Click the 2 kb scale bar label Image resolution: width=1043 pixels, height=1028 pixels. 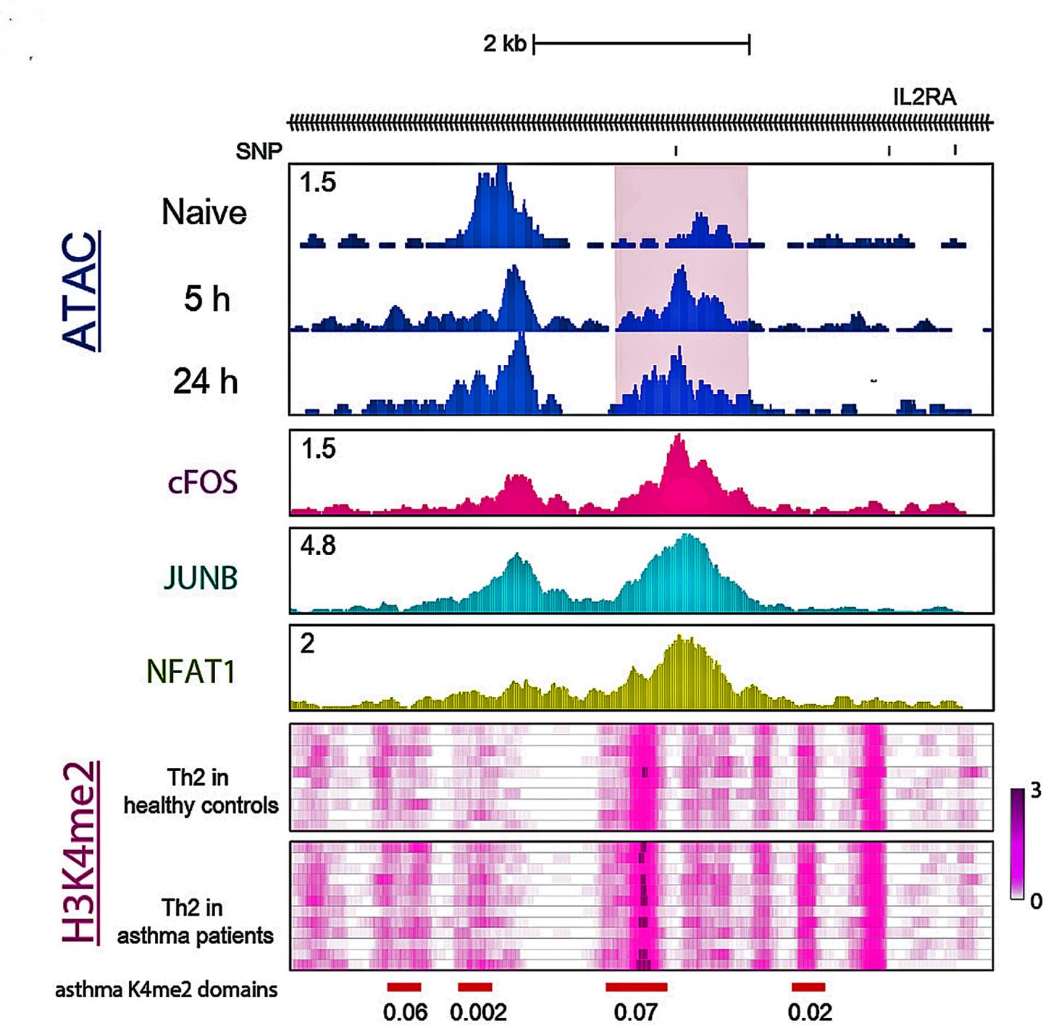505,43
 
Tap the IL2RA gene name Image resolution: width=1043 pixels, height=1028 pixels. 924,97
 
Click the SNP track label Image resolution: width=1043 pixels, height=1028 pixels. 259,151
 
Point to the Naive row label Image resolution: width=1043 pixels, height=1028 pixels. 204,212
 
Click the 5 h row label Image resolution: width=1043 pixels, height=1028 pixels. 206,298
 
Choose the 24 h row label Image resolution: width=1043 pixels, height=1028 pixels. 205,381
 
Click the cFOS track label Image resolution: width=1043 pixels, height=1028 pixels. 202,482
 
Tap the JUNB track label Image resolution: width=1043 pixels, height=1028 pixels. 201,578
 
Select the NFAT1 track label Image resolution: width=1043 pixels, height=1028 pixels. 191,672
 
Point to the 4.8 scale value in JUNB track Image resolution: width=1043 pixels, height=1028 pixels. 318,545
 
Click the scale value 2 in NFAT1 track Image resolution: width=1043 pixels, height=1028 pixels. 307,643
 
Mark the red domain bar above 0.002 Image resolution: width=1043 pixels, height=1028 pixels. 475,987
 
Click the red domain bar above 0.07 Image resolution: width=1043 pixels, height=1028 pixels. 636,987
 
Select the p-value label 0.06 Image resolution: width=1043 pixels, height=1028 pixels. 405,1012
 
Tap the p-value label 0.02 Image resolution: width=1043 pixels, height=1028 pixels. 809,1012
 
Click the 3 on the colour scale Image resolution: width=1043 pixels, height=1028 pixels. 1035,790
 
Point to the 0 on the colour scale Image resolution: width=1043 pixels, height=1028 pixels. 1035,901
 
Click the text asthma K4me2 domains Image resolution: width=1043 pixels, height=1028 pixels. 166,990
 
